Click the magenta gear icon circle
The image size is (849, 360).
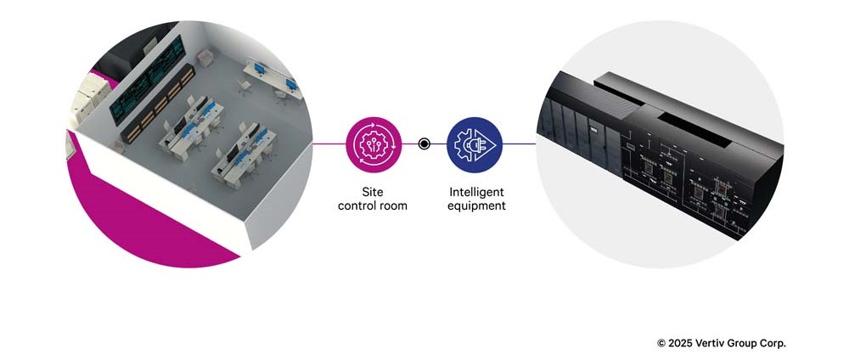point(373,143)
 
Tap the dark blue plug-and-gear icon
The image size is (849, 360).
point(475,143)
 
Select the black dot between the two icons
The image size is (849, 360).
point(424,143)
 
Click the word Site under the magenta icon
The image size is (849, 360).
point(373,192)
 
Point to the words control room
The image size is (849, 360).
point(373,205)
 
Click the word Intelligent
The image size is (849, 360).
point(476,192)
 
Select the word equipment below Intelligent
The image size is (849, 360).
point(476,205)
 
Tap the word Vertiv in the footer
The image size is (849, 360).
point(714,343)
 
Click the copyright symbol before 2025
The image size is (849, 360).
point(661,343)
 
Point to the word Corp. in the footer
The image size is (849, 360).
point(773,343)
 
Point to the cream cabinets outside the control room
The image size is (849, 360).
point(85,102)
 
